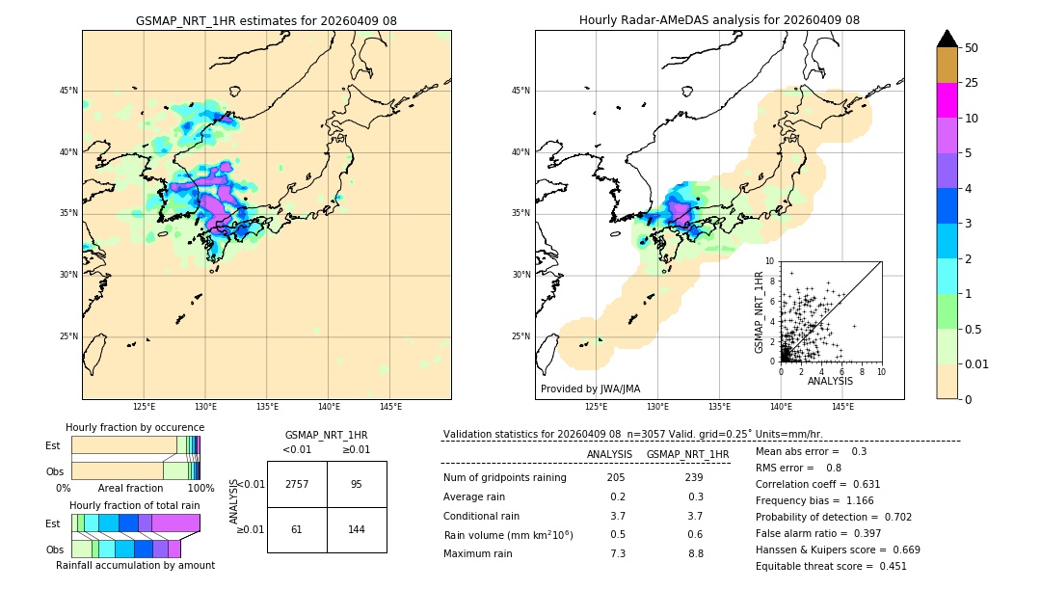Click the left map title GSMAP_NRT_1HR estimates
coord(266,20)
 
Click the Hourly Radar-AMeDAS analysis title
coord(719,20)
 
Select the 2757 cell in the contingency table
coord(297,484)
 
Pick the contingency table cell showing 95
coord(357,484)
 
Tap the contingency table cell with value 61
coord(297,529)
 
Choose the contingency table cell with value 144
coord(357,529)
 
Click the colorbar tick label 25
coord(972,83)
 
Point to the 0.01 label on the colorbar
coord(977,363)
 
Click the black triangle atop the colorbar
coord(948,39)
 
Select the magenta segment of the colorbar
coord(948,100)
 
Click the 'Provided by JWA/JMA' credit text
coord(590,389)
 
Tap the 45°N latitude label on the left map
coord(68,91)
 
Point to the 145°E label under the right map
coord(842,407)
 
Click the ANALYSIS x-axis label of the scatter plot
coord(830,381)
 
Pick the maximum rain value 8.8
coord(695,553)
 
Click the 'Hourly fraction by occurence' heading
coord(135,427)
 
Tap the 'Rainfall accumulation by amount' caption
coord(135,566)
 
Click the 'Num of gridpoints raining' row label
coord(505,478)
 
